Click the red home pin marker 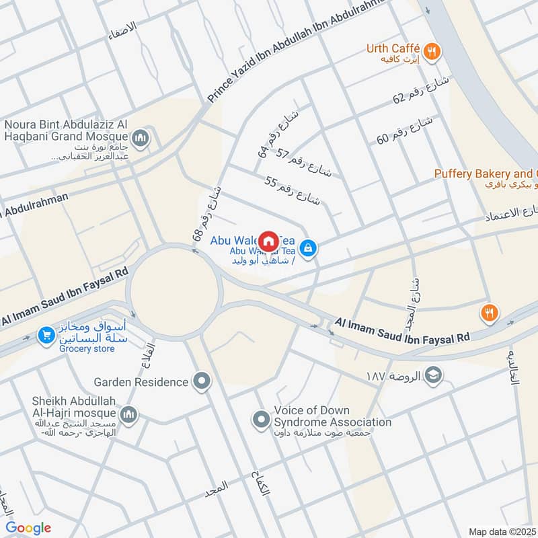point(268,241)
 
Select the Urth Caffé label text point(393,48)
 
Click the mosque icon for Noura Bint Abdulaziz point(141,139)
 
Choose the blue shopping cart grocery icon point(46,334)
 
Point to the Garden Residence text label point(141,382)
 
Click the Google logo point(28,528)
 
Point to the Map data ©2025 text point(502,531)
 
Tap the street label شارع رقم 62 point(419,91)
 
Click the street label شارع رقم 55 point(293,190)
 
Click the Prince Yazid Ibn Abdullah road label point(296,50)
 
